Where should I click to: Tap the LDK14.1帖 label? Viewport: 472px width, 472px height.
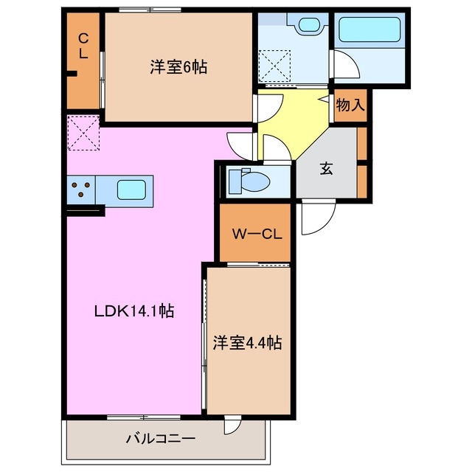[133, 311]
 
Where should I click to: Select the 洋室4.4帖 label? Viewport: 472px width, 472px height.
[248, 342]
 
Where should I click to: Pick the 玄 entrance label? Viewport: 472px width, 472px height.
[325, 168]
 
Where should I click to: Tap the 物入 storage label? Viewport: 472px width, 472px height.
[350, 105]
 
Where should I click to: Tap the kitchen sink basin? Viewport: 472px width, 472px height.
[131, 190]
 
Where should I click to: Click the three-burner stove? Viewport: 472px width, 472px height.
[81, 190]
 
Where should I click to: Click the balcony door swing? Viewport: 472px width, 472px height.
[232, 426]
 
